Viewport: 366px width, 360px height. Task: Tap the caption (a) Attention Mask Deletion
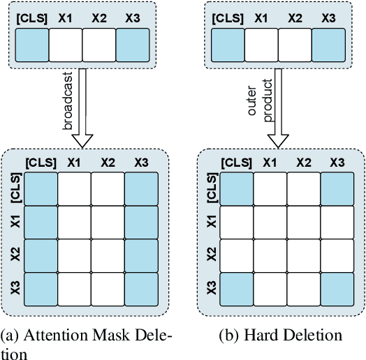point(87,343)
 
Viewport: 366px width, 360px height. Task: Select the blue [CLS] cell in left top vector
point(32,47)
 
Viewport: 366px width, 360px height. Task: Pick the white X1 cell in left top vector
point(66,47)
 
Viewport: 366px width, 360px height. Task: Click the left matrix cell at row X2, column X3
point(142,256)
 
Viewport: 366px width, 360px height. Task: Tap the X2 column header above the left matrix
point(108,163)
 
